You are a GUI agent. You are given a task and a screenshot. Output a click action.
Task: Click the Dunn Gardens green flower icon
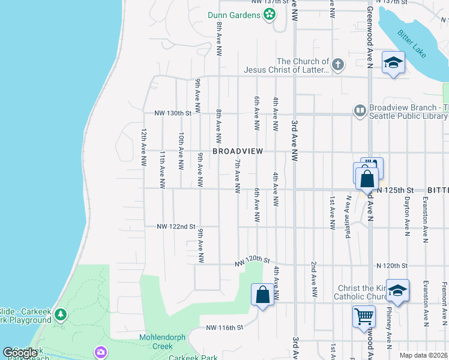pyautogui.click(x=270, y=14)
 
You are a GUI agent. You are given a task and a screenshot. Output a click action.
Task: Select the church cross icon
pyautogui.click(x=338, y=65)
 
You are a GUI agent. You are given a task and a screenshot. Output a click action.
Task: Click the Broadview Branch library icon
pyautogui.click(x=360, y=111)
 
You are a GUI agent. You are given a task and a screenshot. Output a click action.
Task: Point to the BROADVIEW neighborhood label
pyautogui.click(x=238, y=151)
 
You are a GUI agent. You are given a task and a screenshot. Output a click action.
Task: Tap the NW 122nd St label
pyautogui.click(x=176, y=227)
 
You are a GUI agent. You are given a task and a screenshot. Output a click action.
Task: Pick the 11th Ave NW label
pyautogui.click(x=162, y=170)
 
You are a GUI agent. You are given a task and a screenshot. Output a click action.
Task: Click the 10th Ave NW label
pyautogui.click(x=180, y=151)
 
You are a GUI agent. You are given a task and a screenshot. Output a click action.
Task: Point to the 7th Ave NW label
pyautogui.click(x=238, y=176)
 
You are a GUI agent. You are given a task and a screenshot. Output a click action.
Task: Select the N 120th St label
pyautogui.click(x=392, y=265)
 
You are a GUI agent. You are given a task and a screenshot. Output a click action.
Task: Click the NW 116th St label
pyautogui.click(x=224, y=328)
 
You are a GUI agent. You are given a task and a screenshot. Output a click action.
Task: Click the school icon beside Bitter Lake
pyautogui.click(x=393, y=62)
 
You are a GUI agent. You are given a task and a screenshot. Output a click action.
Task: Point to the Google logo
pyautogui.click(x=20, y=353)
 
